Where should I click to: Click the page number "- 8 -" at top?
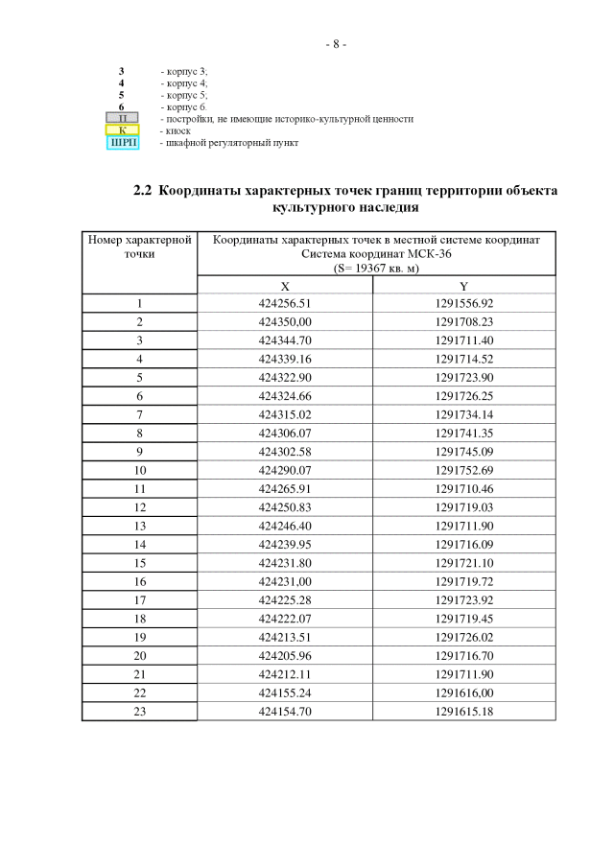point(335,44)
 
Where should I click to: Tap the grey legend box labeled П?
point(122,119)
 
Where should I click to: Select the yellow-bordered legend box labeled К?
point(122,130)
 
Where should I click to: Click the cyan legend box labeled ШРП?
point(122,143)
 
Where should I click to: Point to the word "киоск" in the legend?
point(177,130)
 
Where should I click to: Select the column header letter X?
point(285,286)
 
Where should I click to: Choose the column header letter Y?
point(463,286)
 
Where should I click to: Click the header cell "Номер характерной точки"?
point(139,246)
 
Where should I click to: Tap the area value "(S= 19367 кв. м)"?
point(376,269)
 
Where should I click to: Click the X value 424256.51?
point(285,303)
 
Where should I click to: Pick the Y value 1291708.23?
point(463,321)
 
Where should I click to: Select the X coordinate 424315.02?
point(285,414)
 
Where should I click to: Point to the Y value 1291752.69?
point(463,470)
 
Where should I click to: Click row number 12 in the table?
point(139,507)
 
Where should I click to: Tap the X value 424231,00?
point(285,581)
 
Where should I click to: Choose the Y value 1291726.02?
point(463,637)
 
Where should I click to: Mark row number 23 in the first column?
point(139,711)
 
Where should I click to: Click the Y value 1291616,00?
point(463,692)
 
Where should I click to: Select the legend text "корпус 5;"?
point(186,96)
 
